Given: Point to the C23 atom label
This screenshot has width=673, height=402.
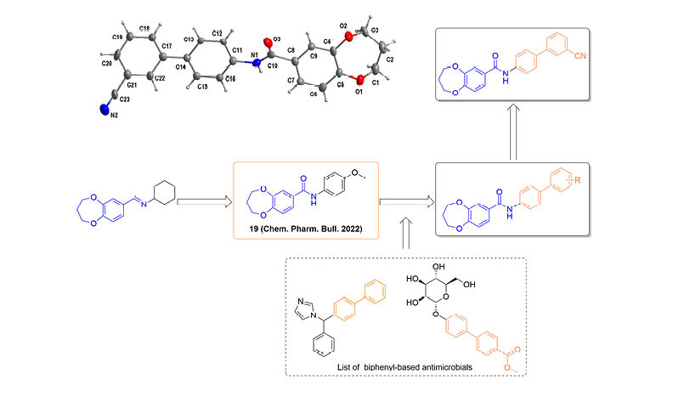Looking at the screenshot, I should (125, 99).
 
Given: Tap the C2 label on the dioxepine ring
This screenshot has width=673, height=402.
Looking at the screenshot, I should (390, 60).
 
